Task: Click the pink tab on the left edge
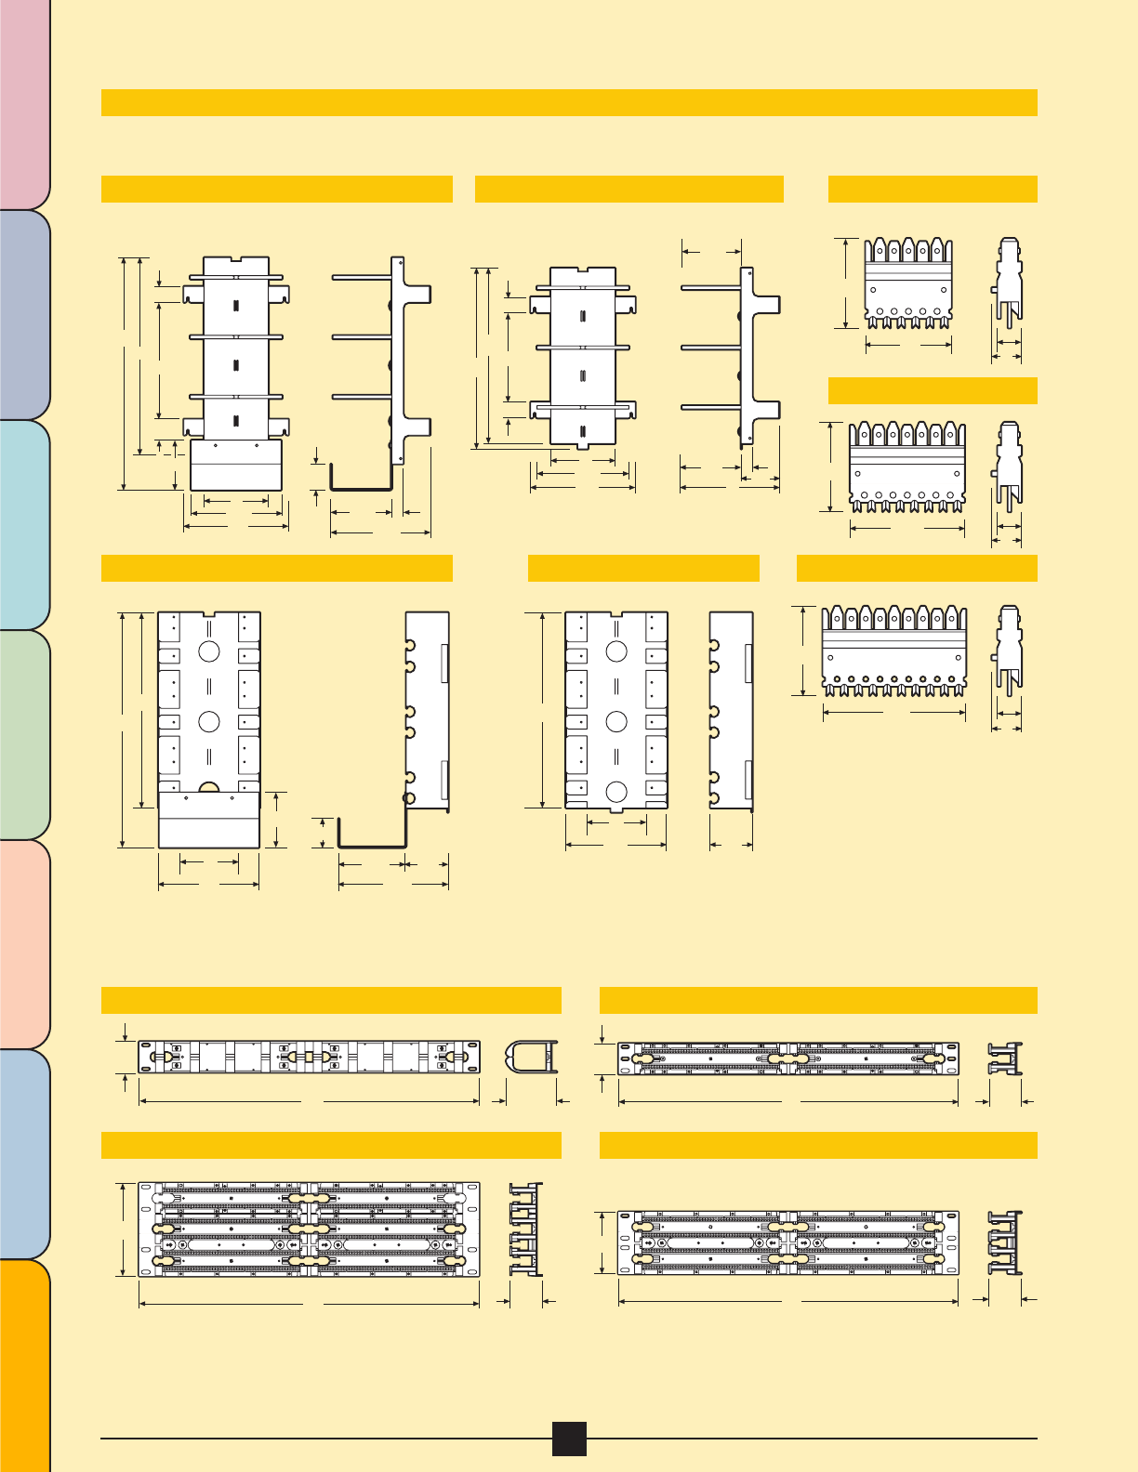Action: tap(24, 102)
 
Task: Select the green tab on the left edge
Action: tap(24, 734)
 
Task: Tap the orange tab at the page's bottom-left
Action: tap(24, 1366)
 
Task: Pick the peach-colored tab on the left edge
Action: tap(24, 944)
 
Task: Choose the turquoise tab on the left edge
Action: tap(24, 524)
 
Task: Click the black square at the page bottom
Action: tap(569, 1438)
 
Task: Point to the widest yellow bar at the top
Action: tap(569, 102)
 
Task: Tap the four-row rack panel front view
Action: tap(310, 1229)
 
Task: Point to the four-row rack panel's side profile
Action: tap(525, 1229)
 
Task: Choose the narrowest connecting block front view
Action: tap(908, 283)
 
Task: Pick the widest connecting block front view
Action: tap(894, 651)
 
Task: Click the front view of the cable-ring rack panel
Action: tap(310, 1058)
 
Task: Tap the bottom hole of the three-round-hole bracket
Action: tap(615, 792)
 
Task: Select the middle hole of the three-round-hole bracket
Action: tap(615, 721)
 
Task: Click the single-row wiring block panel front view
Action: tap(788, 1058)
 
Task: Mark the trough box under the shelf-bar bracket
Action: tap(236, 465)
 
